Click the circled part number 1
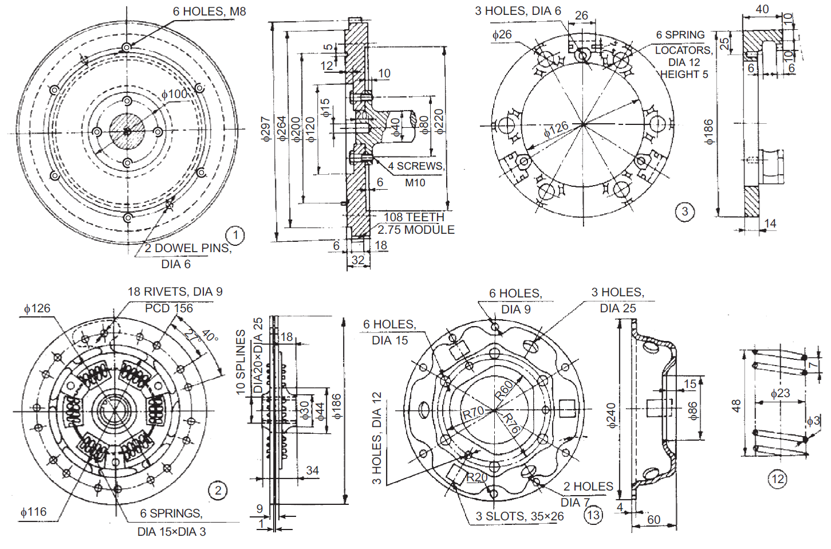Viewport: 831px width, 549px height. click(235, 235)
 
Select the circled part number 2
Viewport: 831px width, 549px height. click(218, 491)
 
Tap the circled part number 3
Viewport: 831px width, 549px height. click(684, 211)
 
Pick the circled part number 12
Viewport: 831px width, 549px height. click(777, 479)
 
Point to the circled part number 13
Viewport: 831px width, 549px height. click(593, 515)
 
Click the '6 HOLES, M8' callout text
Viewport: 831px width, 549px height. click(209, 11)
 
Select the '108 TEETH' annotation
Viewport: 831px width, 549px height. click(413, 217)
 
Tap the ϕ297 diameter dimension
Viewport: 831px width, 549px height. click(265, 130)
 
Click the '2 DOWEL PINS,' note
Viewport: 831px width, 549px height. click(188, 248)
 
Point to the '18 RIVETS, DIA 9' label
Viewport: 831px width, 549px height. click(175, 292)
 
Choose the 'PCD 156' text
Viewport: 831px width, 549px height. click(169, 308)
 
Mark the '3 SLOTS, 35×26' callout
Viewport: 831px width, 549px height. click(519, 516)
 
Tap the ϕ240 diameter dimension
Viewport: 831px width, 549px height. click(611, 415)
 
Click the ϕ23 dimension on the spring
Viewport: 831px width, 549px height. click(780, 393)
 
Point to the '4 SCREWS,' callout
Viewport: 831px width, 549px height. click(416, 166)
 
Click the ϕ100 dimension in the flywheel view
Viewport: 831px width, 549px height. click(174, 94)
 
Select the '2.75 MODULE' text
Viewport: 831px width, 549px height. click(416, 230)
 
